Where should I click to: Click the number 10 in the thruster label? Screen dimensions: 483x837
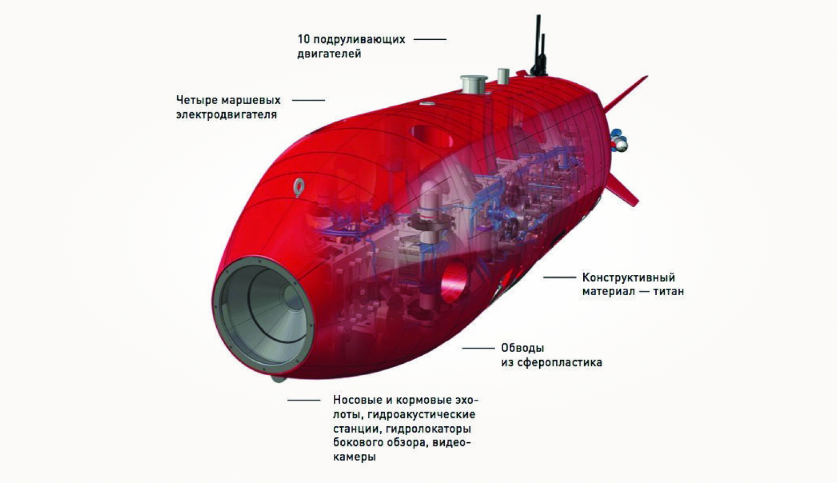click(303, 39)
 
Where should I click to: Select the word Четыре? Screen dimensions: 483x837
click(195, 100)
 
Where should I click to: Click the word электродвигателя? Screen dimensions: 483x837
click(226, 114)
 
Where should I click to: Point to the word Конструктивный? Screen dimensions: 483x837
click(628, 277)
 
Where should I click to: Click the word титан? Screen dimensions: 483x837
click(669, 292)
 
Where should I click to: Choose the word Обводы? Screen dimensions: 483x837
click(522, 348)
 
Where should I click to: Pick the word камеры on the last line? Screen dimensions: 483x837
click(354, 457)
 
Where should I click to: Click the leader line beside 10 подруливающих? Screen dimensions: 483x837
click(430, 39)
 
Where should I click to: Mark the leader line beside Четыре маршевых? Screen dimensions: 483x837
click(309, 100)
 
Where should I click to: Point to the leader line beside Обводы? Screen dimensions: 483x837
click(478, 348)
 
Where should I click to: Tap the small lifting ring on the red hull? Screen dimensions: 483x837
click(299, 186)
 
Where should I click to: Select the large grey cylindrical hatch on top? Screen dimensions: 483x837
click(474, 85)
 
